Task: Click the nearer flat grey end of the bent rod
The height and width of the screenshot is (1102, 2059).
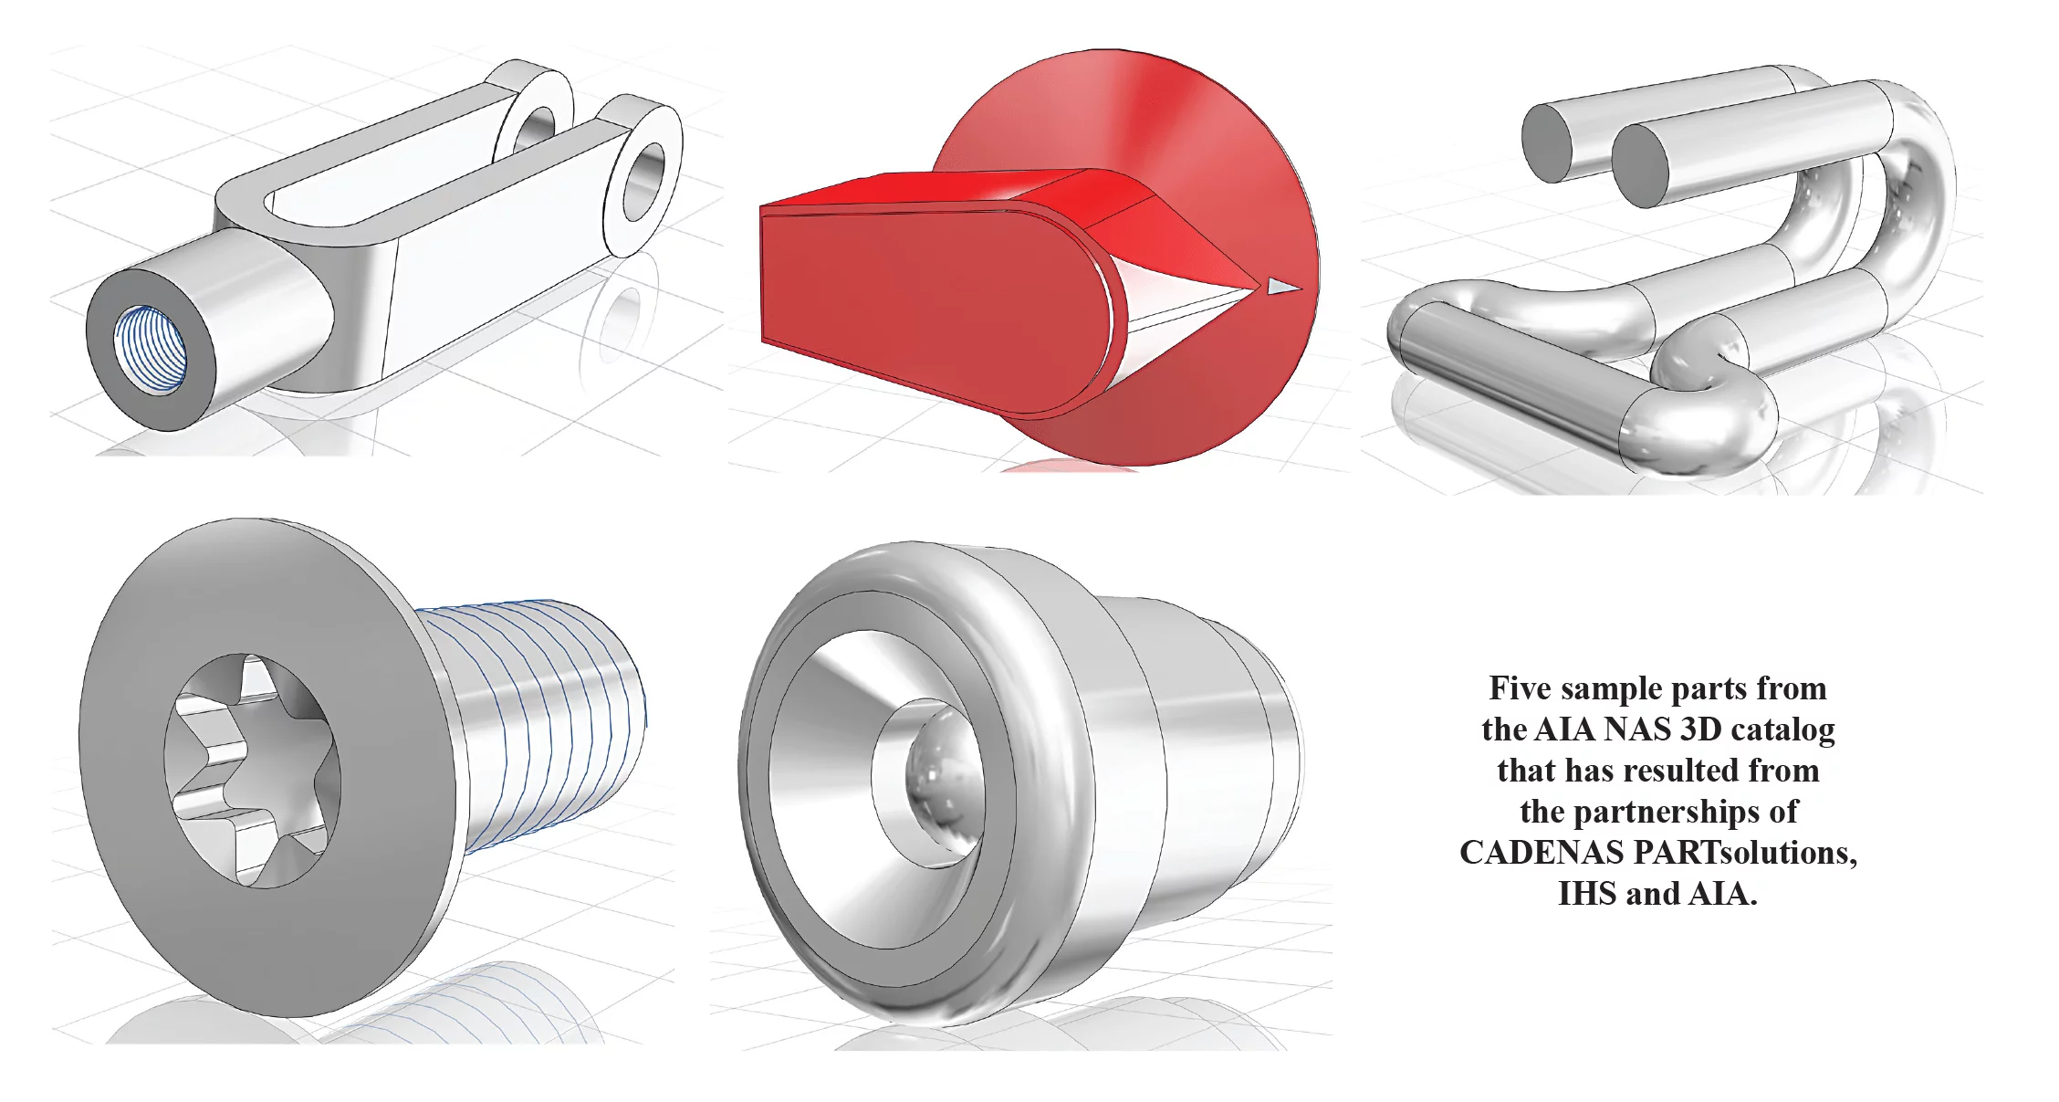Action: (1640, 166)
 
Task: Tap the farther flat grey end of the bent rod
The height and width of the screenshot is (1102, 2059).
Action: (1548, 141)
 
